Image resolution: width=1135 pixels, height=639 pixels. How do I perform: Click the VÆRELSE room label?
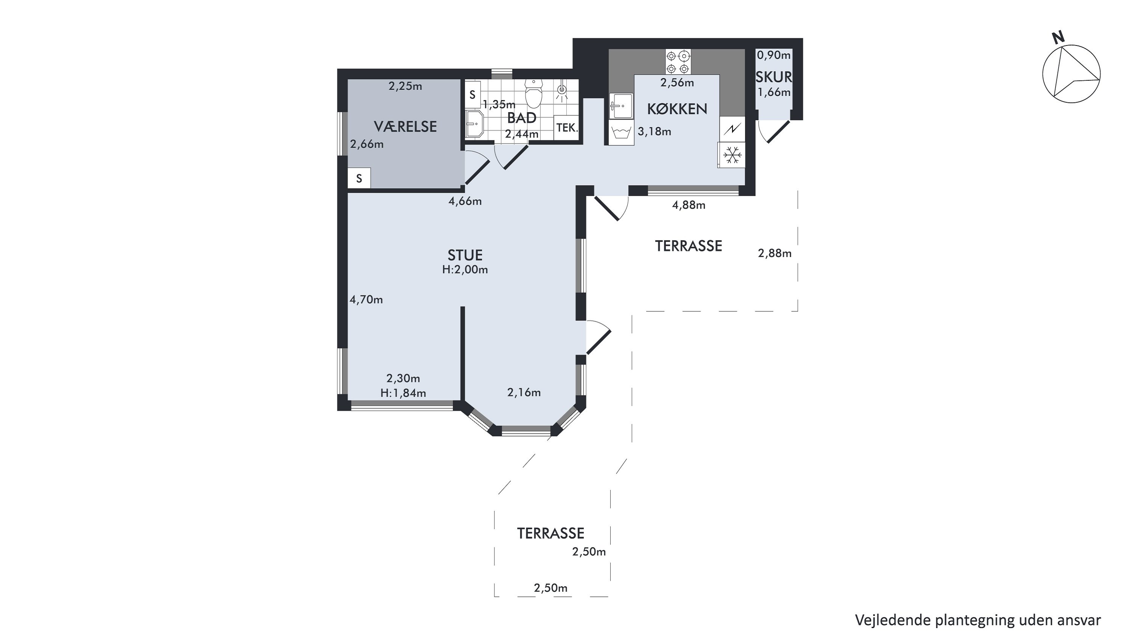(405, 127)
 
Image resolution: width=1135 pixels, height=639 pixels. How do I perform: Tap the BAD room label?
(522, 118)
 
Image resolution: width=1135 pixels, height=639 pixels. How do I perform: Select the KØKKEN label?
(677, 108)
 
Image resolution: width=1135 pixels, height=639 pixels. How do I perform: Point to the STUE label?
(465, 255)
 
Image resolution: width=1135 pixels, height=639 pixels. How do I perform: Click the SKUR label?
(774, 77)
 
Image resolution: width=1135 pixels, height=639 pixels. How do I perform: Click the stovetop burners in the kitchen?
(678, 62)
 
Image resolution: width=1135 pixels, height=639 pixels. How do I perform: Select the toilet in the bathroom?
(534, 94)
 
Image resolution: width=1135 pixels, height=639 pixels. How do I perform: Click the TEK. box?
(566, 128)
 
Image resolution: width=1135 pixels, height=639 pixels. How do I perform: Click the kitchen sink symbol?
(621, 106)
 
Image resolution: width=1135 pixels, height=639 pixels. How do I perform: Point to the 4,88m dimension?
(689, 205)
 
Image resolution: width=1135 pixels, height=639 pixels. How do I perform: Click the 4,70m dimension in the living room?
(366, 300)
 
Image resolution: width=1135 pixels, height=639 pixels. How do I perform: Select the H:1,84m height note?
(403, 393)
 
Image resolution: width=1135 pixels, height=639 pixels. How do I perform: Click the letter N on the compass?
(1058, 38)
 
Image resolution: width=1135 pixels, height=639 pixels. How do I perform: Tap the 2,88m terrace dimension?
(774, 253)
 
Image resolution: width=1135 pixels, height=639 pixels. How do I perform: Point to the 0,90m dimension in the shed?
(774, 55)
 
